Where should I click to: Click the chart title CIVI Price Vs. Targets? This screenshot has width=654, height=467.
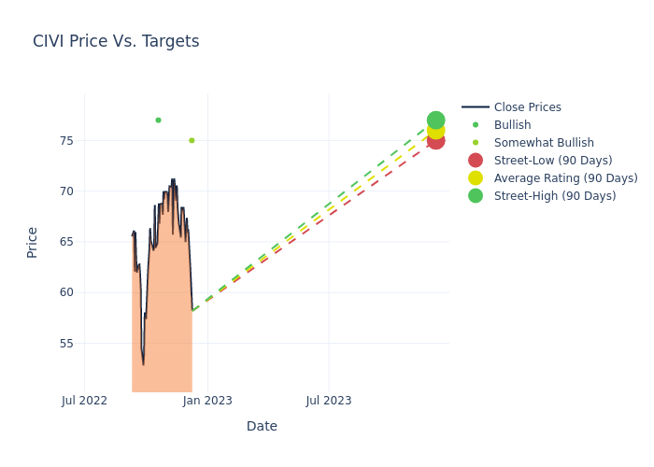(x=116, y=41)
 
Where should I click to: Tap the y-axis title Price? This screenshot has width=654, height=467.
(x=33, y=242)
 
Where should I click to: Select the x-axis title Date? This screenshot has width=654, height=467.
(x=262, y=426)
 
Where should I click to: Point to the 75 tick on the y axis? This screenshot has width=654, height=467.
(x=65, y=141)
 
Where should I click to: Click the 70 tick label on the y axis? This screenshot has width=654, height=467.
(x=65, y=191)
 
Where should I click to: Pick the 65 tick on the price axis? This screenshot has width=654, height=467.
(x=65, y=242)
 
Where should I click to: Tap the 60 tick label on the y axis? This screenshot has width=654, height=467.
(x=65, y=292)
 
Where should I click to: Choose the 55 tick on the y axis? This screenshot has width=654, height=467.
(x=65, y=343)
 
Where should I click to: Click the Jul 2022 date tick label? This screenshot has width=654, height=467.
(x=85, y=401)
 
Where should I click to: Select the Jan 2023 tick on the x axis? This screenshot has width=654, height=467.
(x=207, y=401)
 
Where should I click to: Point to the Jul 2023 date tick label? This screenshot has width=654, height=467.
(x=329, y=401)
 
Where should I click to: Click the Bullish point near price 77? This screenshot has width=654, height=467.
(x=158, y=120)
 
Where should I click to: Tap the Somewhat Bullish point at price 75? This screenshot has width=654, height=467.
(x=192, y=140)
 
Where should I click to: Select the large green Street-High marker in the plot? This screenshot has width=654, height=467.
(x=435, y=120)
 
